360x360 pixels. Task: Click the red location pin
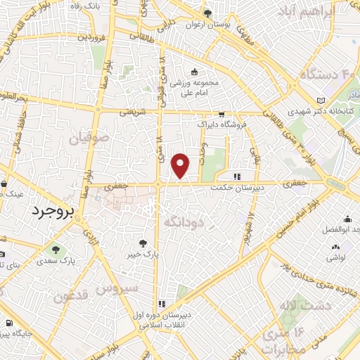[x=181, y=165]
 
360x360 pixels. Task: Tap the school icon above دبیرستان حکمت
[x=238, y=176]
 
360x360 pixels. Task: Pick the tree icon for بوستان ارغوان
[x=207, y=13]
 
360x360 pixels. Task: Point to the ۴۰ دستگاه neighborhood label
[x=325, y=74]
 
